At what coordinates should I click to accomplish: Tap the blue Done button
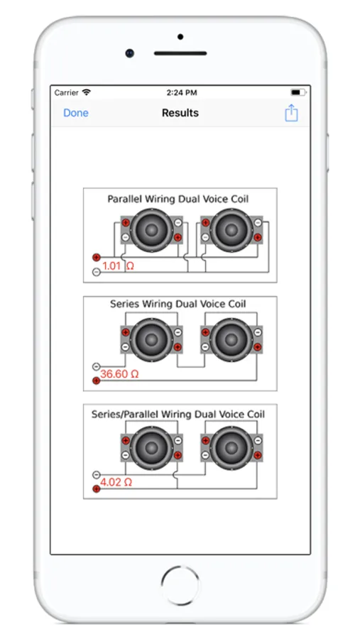tap(76, 113)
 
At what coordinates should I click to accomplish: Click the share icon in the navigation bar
tap(291, 112)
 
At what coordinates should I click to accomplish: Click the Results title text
tap(180, 113)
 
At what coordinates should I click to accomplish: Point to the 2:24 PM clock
tap(182, 93)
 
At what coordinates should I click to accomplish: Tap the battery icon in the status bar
tap(298, 92)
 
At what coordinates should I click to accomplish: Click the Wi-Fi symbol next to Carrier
tap(86, 92)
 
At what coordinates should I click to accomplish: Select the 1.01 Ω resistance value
tap(118, 266)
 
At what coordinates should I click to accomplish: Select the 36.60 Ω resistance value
tap(119, 373)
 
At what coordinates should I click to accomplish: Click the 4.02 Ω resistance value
tap(116, 482)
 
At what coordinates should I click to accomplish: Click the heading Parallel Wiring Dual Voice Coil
tap(178, 199)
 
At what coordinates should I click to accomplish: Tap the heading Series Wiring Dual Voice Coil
tap(178, 304)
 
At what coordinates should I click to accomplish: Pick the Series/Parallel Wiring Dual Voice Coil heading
tap(178, 414)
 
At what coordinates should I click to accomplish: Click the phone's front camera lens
tap(130, 53)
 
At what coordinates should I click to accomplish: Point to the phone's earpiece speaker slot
tap(180, 53)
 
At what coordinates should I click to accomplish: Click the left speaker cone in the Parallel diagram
tap(152, 230)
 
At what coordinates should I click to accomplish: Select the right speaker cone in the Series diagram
tap(231, 339)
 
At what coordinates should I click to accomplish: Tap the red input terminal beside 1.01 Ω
tap(97, 257)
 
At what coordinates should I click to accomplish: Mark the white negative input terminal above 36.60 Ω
tap(97, 366)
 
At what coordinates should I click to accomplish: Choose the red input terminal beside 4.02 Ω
tap(97, 488)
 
